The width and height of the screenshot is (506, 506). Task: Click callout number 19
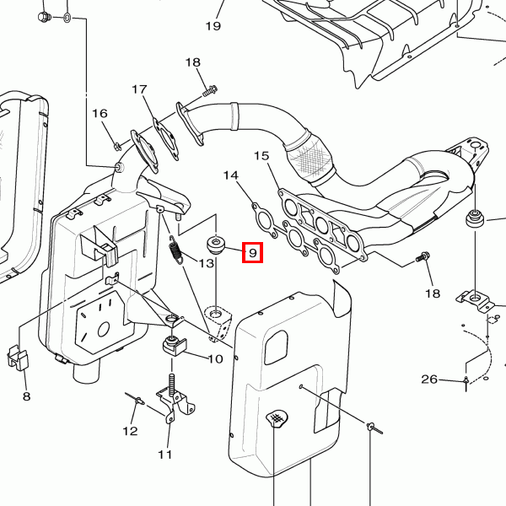click(212, 26)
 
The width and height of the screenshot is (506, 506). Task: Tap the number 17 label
click(139, 89)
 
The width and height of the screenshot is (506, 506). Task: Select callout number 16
click(100, 114)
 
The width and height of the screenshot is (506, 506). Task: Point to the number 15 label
click(261, 155)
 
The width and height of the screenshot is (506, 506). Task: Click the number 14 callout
click(231, 175)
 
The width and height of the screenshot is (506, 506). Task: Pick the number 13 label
click(207, 264)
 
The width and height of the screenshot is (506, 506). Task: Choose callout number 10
click(214, 358)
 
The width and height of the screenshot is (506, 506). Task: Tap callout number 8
click(26, 396)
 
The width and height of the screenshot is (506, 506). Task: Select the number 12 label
click(130, 431)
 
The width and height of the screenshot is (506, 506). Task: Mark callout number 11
click(164, 455)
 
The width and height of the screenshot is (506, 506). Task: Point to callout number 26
click(429, 379)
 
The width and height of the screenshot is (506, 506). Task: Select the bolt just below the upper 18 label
click(210, 87)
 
